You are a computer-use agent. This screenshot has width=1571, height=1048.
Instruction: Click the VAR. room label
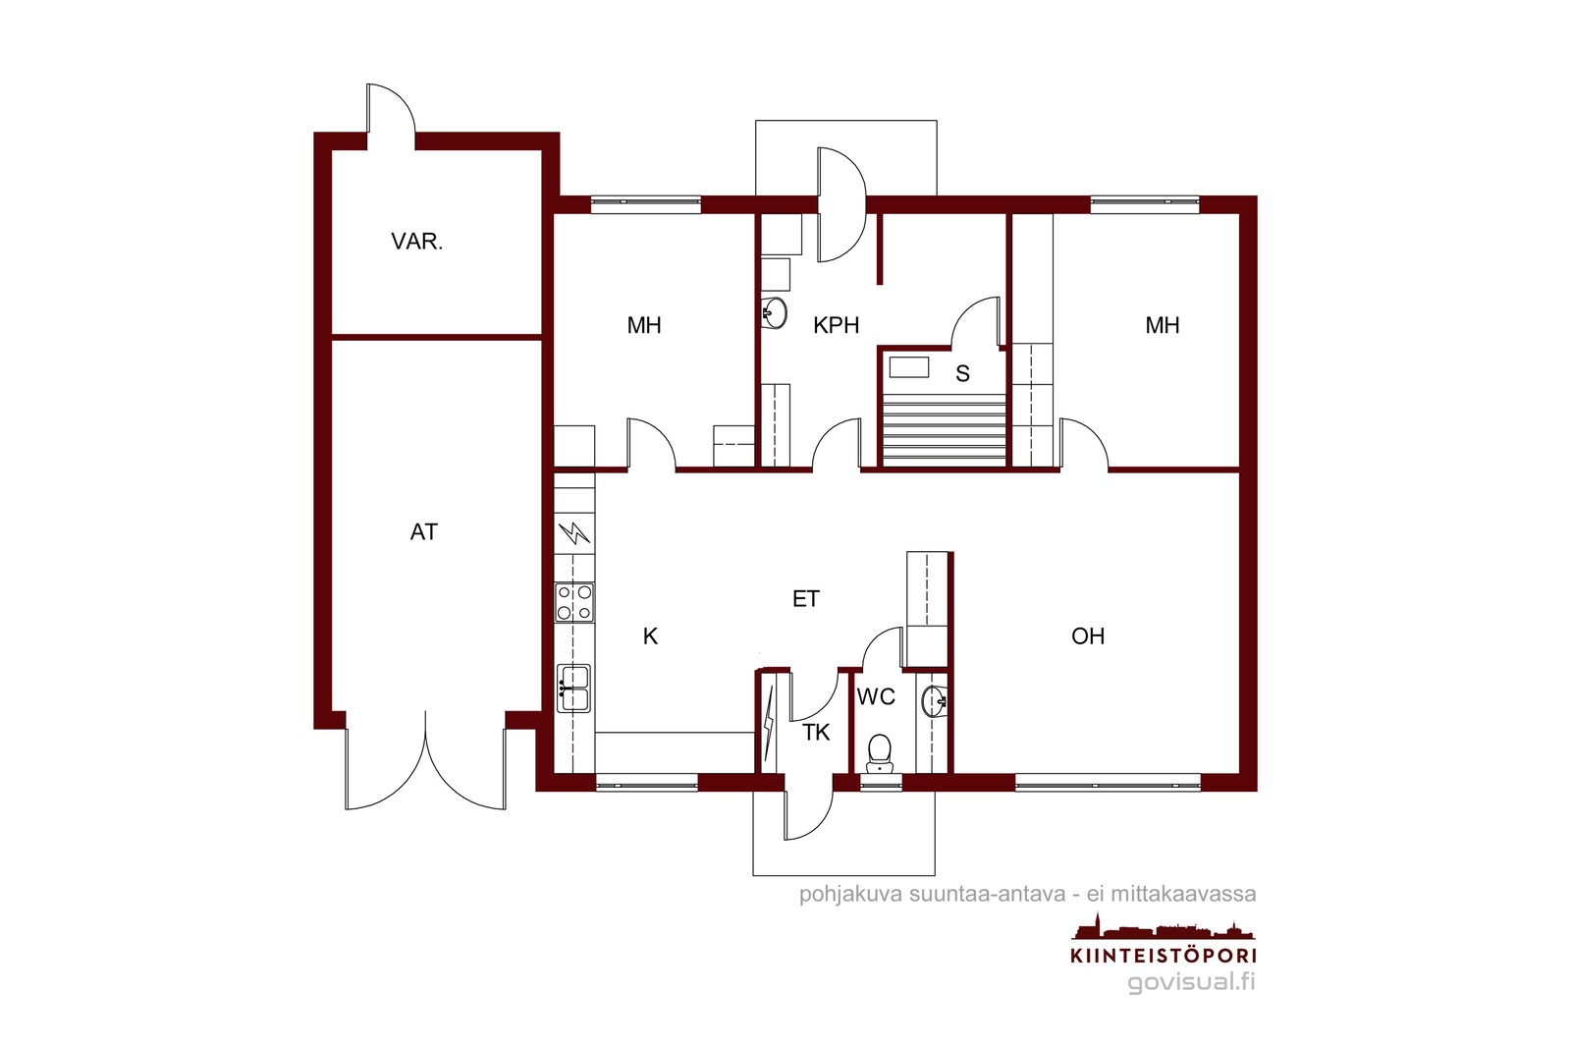click(416, 242)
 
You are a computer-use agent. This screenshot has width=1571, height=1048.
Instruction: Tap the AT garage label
click(423, 532)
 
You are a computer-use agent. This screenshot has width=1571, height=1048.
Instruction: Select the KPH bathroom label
click(836, 325)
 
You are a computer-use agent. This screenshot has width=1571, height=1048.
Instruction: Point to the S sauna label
click(962, 374)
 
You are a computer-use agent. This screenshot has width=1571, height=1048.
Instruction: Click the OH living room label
click(1088, 636)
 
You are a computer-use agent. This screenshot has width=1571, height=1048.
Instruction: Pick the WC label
click(876, 697)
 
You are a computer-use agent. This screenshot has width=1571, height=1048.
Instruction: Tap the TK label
click(816, 733)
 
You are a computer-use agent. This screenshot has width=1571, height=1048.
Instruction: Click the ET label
click(806, 599)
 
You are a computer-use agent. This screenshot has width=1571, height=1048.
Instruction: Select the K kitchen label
click(650, 636)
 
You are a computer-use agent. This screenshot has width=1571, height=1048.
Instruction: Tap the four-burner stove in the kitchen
click(573, 603)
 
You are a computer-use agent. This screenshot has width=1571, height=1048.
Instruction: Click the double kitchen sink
click(573, 689)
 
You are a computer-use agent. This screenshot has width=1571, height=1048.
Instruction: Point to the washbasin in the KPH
click(774, 313)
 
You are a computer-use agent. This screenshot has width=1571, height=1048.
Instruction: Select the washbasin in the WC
click(935, 701)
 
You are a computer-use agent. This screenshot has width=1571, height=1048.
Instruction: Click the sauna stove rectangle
click(909, 367)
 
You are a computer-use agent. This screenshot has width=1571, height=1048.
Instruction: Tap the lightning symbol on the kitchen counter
click(574, 533)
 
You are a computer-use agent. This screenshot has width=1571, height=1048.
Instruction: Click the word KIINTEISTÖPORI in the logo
click(1164, 956)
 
